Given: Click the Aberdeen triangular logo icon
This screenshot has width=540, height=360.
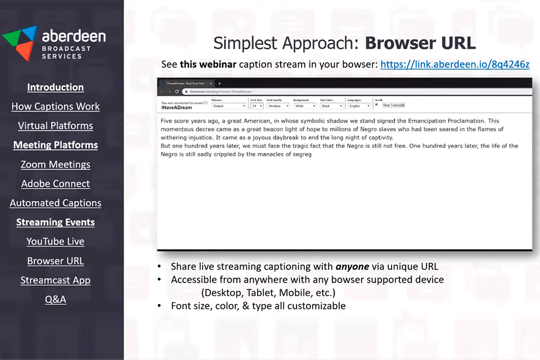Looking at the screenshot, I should pos(19,42).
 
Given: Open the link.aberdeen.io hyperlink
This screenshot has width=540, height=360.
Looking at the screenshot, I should pos(454,64).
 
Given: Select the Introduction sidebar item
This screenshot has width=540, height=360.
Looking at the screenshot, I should pos(55,87).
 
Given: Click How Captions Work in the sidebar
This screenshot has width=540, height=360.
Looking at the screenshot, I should pos(55,106).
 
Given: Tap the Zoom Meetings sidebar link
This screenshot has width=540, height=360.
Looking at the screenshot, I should pos(55,164).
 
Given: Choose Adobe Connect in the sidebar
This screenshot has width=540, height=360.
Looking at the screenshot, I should pos(55,183).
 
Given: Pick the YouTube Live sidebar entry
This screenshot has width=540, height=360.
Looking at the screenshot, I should pos(55,241).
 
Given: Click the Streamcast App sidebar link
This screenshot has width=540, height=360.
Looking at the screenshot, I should pos(55,280).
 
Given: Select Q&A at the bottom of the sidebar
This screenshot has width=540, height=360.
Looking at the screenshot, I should pos(55,299).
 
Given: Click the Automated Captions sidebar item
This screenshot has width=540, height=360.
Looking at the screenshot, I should pos(55,203).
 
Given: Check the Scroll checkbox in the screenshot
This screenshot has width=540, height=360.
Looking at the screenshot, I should pos(376,105).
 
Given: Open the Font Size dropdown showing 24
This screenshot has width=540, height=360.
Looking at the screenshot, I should pos(256,106).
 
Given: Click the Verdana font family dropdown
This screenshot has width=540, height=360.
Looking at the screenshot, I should pos(280,106).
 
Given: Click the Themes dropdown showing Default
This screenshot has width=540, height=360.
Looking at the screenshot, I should pos(229,106).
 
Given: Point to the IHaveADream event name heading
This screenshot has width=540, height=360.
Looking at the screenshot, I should pos(176,107).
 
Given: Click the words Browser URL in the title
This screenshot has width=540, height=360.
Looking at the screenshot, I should pos(420,43).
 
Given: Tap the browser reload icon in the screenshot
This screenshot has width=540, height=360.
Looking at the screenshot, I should pos(177,91).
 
